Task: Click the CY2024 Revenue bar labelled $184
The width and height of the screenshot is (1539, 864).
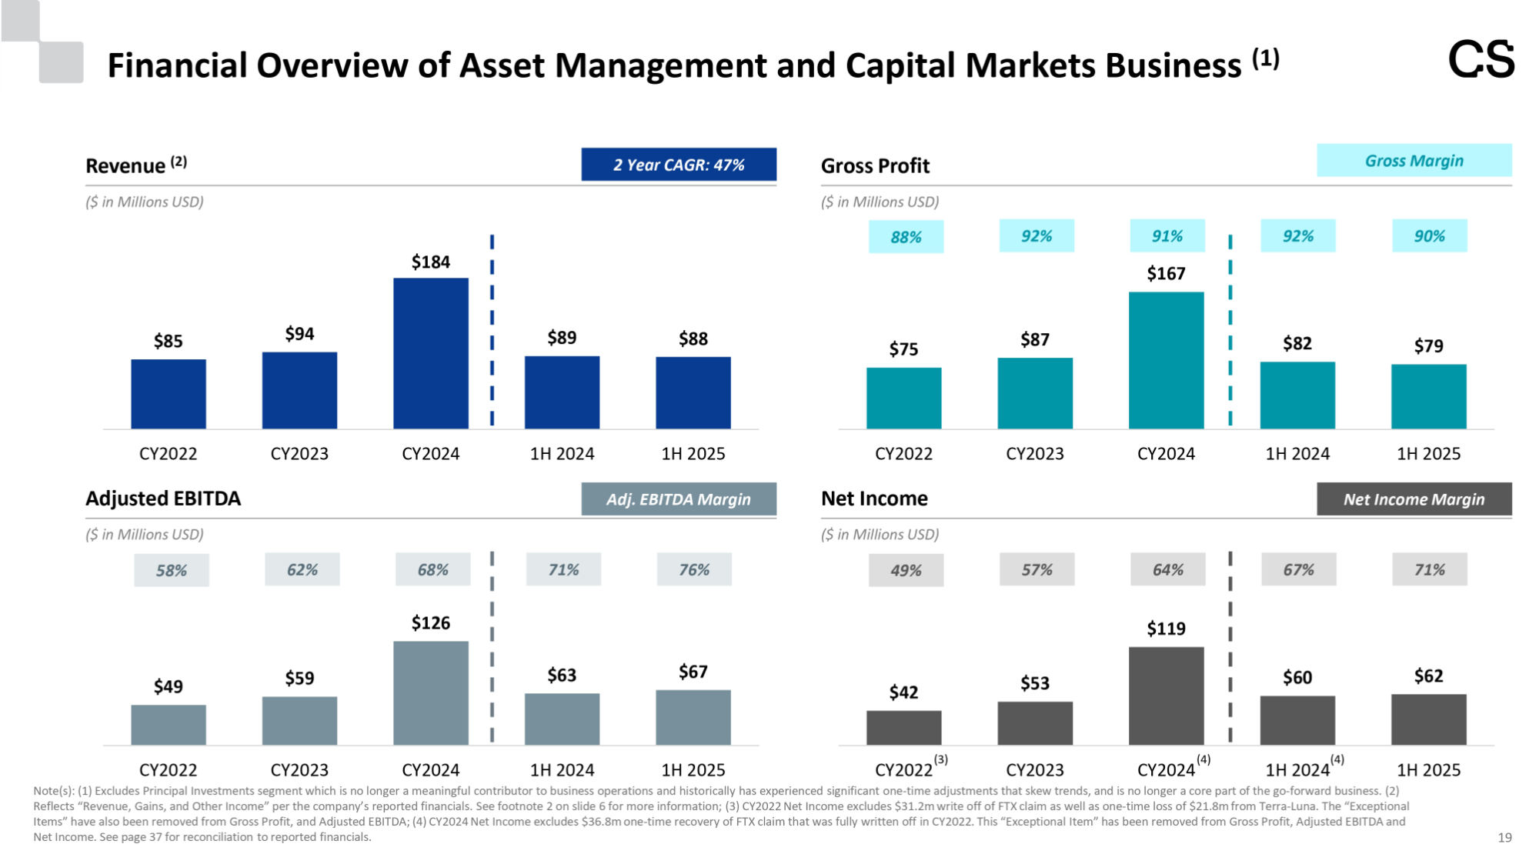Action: coord(430,353)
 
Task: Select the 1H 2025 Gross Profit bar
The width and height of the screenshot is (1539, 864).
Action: coord(1428,396)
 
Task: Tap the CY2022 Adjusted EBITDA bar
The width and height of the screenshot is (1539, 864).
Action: coord(169,725)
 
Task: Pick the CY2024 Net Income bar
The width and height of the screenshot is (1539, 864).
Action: coord(1166,696)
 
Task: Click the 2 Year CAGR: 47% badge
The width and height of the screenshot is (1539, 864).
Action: coord(678,165)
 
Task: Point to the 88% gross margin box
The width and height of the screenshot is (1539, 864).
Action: coord(906,237)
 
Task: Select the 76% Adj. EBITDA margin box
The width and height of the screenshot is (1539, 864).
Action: coord(693,570)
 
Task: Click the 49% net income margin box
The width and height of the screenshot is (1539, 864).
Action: coord(906,571)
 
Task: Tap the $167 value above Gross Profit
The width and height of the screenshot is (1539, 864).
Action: coord(1166,274)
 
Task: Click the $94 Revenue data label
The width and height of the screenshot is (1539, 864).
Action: coord(299,334)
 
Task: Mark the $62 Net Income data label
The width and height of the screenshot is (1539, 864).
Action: coord(1428,676)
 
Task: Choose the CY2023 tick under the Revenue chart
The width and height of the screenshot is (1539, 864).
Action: coord(299,454)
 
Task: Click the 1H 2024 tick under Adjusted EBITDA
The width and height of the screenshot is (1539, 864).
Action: coord(562,770)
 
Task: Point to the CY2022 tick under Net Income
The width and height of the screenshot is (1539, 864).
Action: coord(905,770)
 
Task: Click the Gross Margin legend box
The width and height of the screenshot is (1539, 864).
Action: coord(1414,161)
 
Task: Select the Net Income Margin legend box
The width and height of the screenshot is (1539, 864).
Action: coord(1414,499)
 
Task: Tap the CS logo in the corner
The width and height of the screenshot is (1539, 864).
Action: coord(1481,60)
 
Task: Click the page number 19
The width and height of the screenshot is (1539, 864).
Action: coord(1504,838)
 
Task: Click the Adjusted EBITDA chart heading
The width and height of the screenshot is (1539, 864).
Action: coord(163,499)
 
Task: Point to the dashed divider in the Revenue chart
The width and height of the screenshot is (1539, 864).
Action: coord(492,331)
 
